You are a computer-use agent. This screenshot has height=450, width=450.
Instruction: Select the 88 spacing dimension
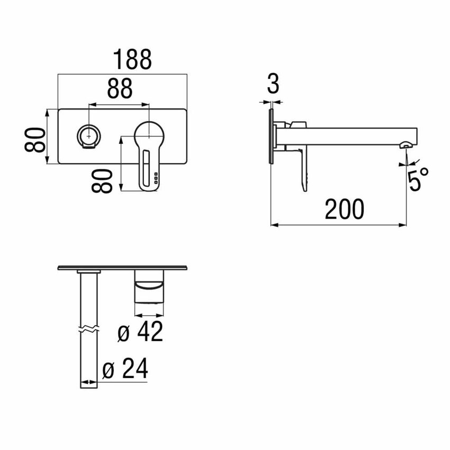point(120,88)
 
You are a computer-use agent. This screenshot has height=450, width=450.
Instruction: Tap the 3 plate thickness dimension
point(273,84)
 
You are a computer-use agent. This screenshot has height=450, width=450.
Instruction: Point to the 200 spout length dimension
point(344,210)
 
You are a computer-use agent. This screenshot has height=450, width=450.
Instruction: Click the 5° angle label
point(418,178)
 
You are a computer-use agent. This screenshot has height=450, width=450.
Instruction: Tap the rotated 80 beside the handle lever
point(103,181)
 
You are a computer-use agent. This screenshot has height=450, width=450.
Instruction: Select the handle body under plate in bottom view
point(149,289)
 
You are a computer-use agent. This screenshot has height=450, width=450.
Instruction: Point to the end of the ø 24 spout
point(88,385)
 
